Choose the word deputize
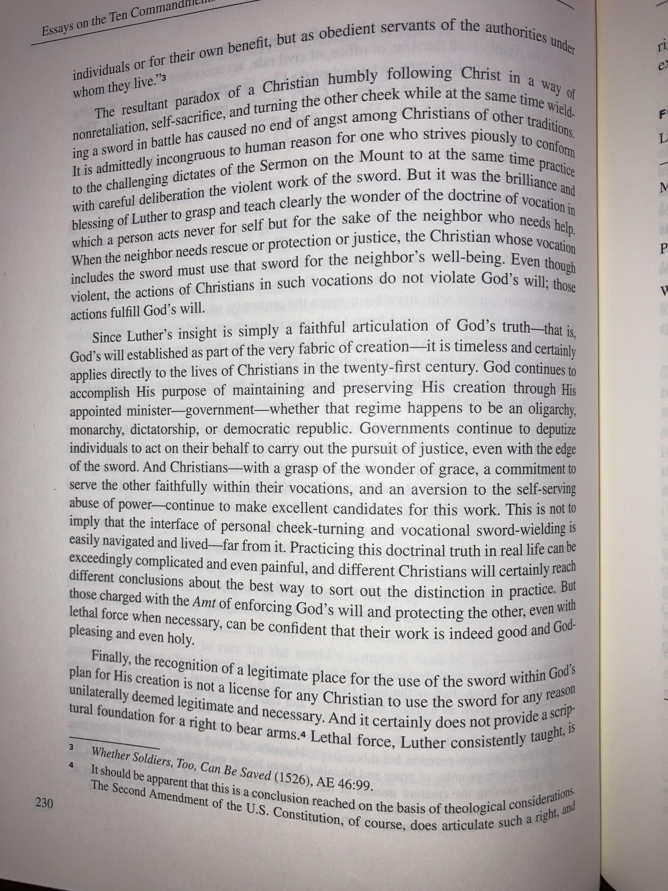point(556,429)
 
